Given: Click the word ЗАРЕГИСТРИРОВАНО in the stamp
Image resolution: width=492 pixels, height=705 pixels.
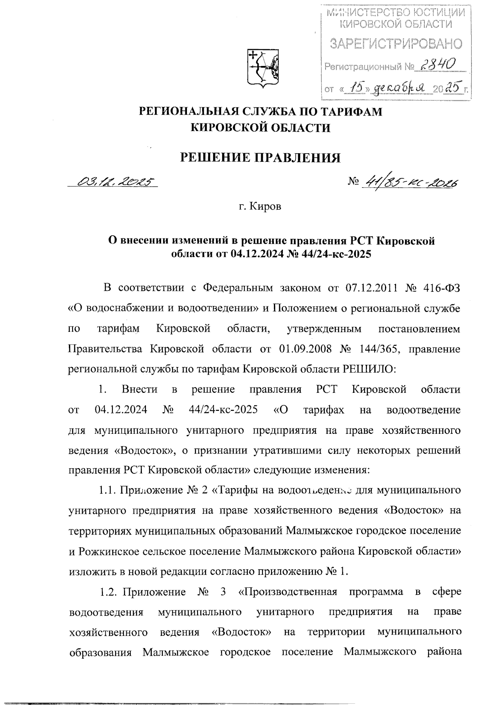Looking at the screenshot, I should tap(396, 44).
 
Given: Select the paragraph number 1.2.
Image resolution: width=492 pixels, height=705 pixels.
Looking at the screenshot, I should tap(109, 592).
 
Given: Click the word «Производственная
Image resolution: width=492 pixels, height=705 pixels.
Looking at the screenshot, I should tap(287, 592).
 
